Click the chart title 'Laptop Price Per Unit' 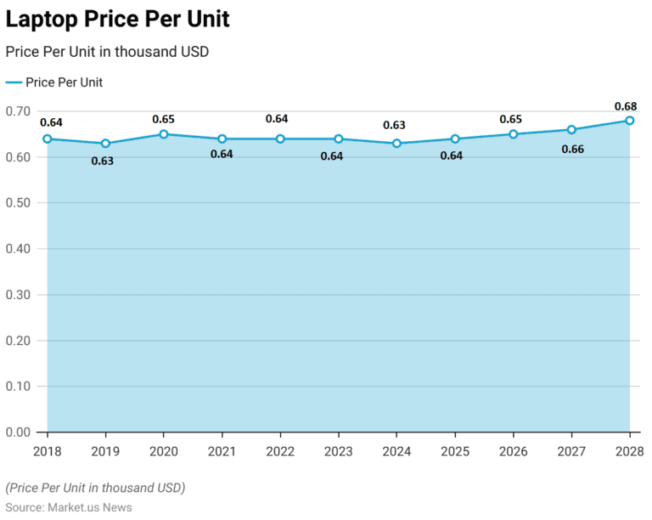coord(117,19)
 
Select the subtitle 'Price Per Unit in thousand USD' coord(107,52)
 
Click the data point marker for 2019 coord(105,144)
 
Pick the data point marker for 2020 coord(164,134)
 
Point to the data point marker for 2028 coord(629,121)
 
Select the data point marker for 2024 coord(396,144)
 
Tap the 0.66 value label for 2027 coord(572,150)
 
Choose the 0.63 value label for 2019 coord(102,161)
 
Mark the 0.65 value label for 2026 coord(511,119)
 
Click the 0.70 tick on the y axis coord(18,111)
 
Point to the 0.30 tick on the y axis coord(18,295)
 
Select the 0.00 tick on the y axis coord(18,432)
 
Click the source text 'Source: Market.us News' coord(69,507)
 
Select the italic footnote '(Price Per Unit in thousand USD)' coord(95,488)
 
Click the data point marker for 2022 coord(280,139)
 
